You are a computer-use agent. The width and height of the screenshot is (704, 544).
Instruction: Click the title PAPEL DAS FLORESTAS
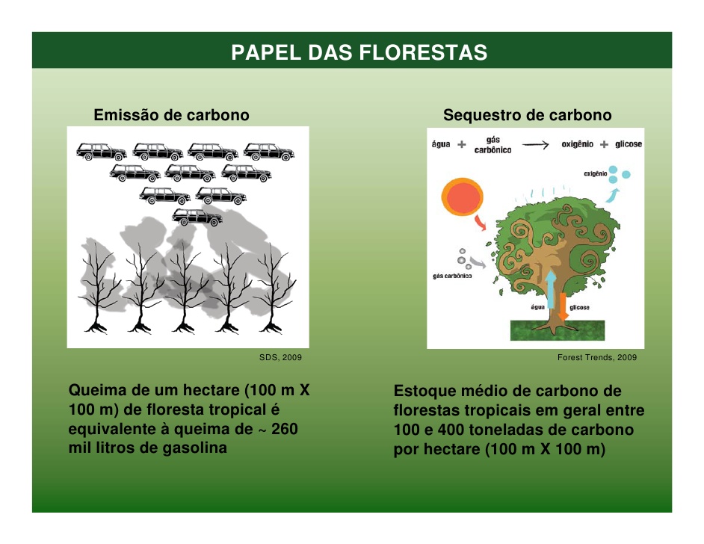359,52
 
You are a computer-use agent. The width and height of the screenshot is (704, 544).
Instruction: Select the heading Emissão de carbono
171,115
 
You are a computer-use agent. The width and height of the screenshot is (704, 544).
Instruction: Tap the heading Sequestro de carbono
527,115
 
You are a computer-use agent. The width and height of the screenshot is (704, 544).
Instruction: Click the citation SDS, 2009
280,357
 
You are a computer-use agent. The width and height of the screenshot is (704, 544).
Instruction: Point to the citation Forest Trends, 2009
596,357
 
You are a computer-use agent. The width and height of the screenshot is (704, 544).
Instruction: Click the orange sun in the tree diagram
462,197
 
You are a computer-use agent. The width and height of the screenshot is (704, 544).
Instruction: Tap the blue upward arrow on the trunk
551,288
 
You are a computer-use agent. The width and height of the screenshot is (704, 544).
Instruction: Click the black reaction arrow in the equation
536,144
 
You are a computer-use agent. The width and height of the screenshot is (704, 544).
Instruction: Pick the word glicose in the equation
629,144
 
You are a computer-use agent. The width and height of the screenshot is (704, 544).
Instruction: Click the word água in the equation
441,143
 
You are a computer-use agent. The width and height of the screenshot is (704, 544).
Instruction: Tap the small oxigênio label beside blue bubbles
596,173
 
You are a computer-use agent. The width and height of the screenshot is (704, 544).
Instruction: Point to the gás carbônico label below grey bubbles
452,276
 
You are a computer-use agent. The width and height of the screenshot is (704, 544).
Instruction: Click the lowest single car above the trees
197,217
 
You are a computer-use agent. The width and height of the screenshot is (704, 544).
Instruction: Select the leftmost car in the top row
102,152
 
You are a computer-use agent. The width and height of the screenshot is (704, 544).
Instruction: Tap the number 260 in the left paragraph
284,429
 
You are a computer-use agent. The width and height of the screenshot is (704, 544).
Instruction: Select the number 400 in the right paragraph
451,430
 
